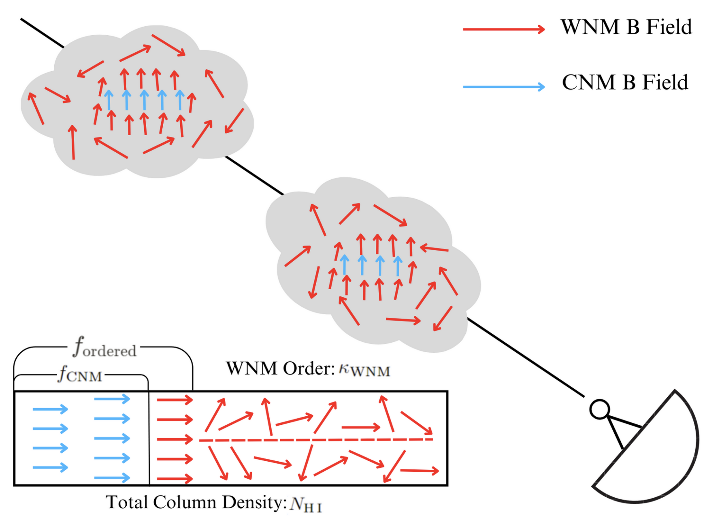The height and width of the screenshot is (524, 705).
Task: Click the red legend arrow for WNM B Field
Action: [x=504, y=29]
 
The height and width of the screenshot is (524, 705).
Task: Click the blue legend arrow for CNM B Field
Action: [x=504, y=87]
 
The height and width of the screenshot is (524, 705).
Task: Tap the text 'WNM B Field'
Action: [x=626, y=27]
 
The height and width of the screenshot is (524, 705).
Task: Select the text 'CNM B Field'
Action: [x=625, y=83]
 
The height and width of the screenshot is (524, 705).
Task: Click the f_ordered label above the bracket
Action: [x=104, y=347]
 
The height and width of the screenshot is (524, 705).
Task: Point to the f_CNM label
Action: [x=80, y=374]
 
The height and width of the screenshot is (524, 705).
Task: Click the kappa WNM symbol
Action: [x=364, y=370]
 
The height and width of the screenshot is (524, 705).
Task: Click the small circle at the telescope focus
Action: [x=599, y=409]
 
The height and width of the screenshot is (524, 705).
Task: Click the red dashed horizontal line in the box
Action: [x=316, y=440]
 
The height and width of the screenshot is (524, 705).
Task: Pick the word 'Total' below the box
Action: [x=126, y=502]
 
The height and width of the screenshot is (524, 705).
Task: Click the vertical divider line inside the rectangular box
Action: [x=149, y=438]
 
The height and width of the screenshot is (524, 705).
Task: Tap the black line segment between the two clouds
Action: [x=254, y=175]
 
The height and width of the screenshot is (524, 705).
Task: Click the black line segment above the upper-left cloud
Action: [x=43, y=33]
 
